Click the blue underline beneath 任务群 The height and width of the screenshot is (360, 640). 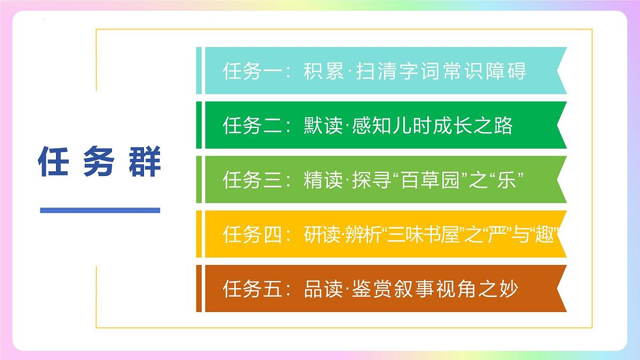[x=100, y=210]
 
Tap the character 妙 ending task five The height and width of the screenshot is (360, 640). [x=509, y=289]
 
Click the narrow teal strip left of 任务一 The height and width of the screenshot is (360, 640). [x=199, y=71]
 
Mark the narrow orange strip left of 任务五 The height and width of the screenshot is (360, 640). [x=199, y=289]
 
